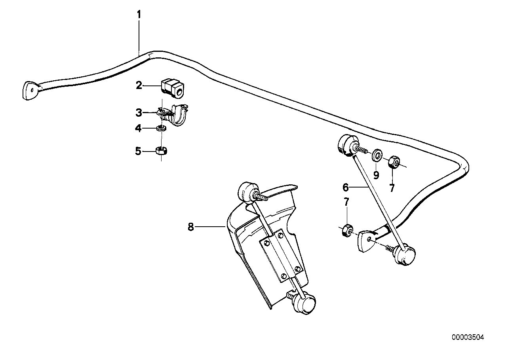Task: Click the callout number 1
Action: point(139,15)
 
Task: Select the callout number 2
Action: point(139,85)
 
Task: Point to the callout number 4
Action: point(138,128)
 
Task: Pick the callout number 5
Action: point(138,151)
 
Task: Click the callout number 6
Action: point(345,186)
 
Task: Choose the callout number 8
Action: point(191,227)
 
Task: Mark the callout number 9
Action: point(376,174)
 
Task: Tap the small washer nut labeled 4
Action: point(161,128)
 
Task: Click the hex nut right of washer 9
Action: point(394,161)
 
